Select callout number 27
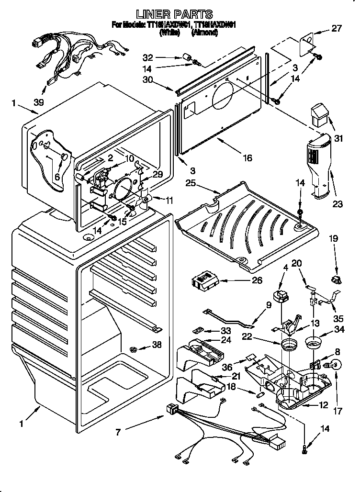[337, 28]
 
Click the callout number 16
[247, 158]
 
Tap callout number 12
[324, 405]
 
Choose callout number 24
[226, 341]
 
